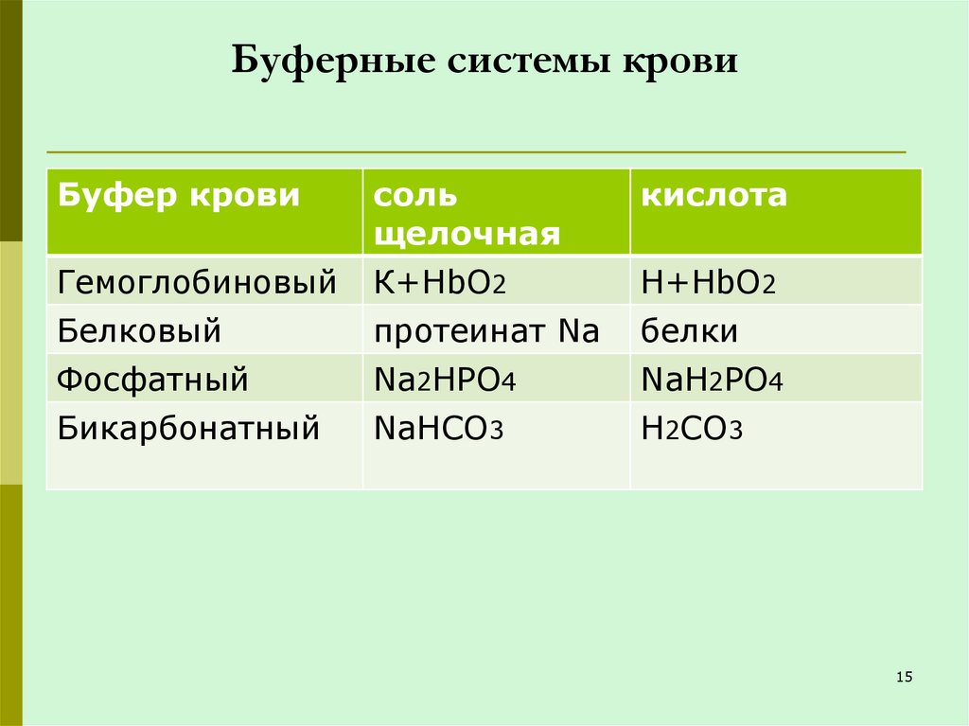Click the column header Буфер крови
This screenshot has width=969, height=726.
(x=179, y=197)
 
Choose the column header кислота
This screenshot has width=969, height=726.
(x=714, y=197)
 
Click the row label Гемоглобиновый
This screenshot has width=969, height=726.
(x=197, y=281)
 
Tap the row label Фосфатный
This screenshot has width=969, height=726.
(x=152, y=381)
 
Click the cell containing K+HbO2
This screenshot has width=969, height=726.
(x=446, y=282)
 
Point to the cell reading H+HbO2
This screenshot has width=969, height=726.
(x=709, y=282)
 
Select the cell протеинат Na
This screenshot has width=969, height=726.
(x=486, y=331)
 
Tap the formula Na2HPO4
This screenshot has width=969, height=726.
(x=449, y=381)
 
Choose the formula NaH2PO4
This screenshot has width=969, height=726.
(x=712, y=381)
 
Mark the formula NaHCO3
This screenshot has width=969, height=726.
(x=438, y=430)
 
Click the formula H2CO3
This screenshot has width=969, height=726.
(x=691, y=430)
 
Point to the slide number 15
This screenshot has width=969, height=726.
(x=903, y=676)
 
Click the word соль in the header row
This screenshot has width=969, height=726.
(x=415, y=197)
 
